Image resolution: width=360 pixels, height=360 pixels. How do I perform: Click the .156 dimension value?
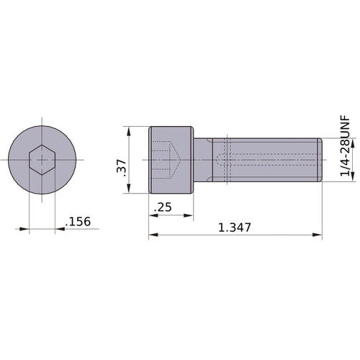[78, 222]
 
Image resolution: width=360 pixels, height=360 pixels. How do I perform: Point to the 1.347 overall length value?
[235, 228]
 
